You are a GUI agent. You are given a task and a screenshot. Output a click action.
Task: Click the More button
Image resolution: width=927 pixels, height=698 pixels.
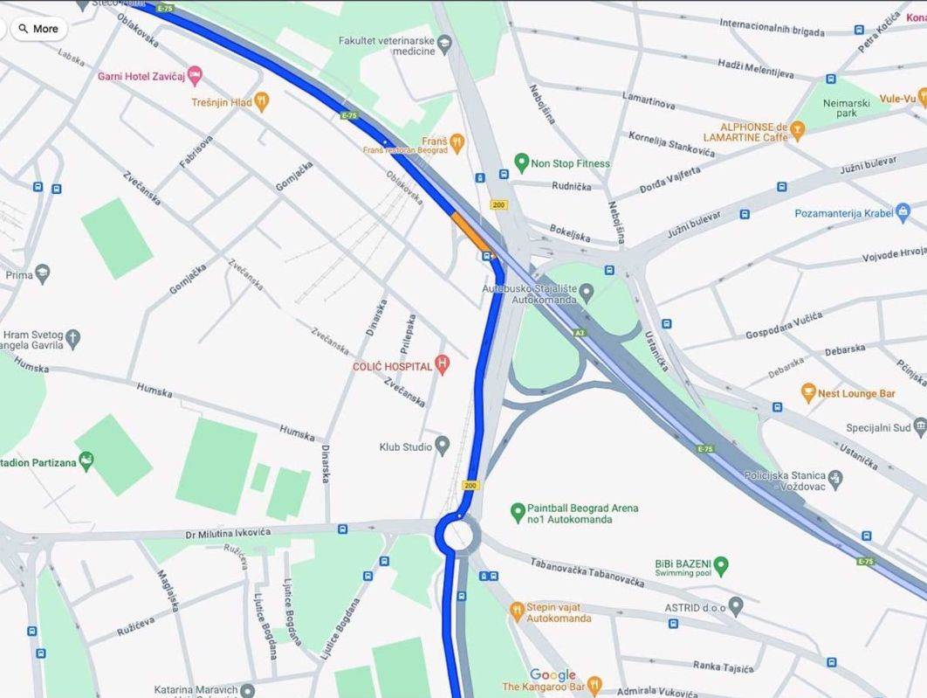(x=38, y=29)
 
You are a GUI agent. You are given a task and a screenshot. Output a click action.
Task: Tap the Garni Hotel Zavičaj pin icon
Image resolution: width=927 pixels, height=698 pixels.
(x=196, y=76)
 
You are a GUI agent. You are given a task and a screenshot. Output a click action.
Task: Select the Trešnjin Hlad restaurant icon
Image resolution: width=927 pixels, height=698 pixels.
(x=261, y=102)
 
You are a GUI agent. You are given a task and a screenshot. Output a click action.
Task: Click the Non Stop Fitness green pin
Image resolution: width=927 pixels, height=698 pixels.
(x=521, y=162)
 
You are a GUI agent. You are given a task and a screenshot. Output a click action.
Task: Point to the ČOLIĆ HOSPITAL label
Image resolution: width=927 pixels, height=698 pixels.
(x=392, y=366)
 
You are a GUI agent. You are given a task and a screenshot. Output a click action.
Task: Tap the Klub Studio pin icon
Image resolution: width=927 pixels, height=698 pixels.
(x=443, y=446)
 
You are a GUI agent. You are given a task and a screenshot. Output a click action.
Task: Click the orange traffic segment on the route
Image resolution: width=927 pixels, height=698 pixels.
(x=469, y=231)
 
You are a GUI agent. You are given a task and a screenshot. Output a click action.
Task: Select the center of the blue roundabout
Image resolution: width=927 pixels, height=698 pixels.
(x=457, y=533)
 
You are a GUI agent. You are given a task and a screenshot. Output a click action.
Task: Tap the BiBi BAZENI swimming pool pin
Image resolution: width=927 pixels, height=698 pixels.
(x=721, y=566)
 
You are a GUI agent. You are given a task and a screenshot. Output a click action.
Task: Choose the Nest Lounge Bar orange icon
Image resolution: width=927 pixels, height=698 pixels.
(x=808, y=393)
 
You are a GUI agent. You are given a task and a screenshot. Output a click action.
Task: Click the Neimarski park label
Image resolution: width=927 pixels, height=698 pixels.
(x=846, y=107)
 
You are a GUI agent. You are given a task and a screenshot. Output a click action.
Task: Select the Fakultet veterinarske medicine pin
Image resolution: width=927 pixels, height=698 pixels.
(x=445, y=41)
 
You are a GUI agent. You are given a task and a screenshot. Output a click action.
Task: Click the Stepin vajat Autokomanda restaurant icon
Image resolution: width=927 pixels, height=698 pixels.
(x=518, y=608)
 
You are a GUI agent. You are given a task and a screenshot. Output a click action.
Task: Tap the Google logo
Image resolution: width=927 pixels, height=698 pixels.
(x=553, y=674)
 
